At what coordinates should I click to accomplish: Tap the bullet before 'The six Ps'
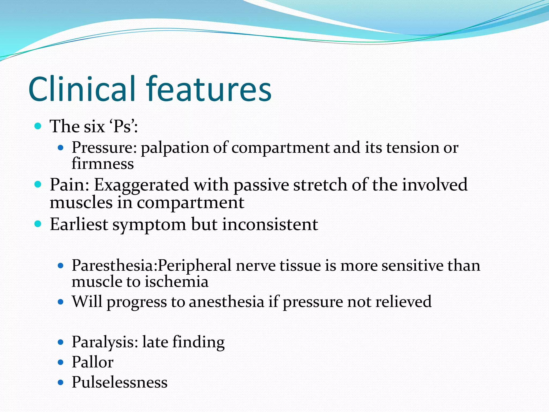(38, 126)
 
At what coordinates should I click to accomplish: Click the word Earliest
(79, 224)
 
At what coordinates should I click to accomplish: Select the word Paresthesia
(114, 266)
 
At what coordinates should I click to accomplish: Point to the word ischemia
(177, 282)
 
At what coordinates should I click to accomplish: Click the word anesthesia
(227, 302)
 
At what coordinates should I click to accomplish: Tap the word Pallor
(92, 362)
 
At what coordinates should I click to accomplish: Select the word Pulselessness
(120, 382)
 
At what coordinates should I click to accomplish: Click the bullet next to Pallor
(61, 362)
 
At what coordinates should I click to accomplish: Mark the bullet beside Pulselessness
(61, 382)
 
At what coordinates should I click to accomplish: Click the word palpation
(175, 148)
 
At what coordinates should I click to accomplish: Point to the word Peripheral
(194, 266)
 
